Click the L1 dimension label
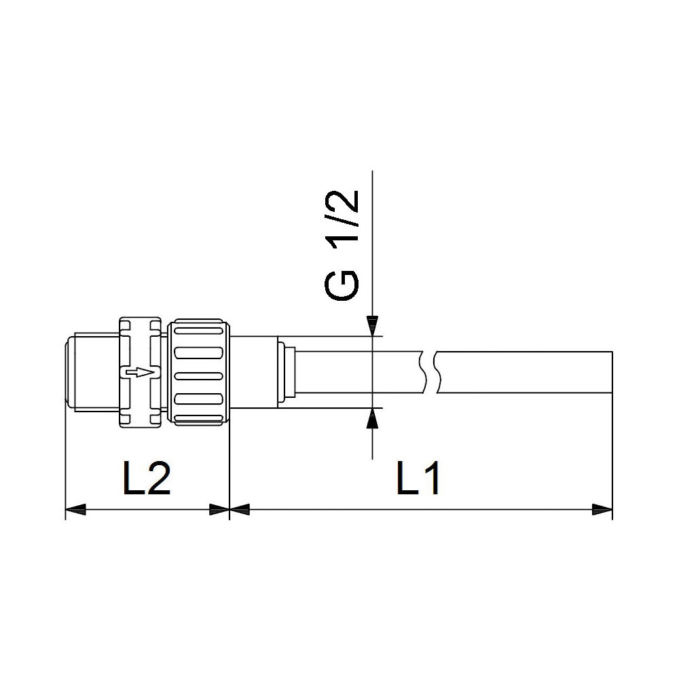419,479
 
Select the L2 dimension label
146,479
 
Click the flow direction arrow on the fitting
139,372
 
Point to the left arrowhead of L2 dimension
75,509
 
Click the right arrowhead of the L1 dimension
602,509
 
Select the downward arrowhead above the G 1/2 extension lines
372,326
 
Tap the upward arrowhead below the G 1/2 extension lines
372,418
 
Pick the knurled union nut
200,372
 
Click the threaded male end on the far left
92,372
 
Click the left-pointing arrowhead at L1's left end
241,509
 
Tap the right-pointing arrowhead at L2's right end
219,509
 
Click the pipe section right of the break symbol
523,372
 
